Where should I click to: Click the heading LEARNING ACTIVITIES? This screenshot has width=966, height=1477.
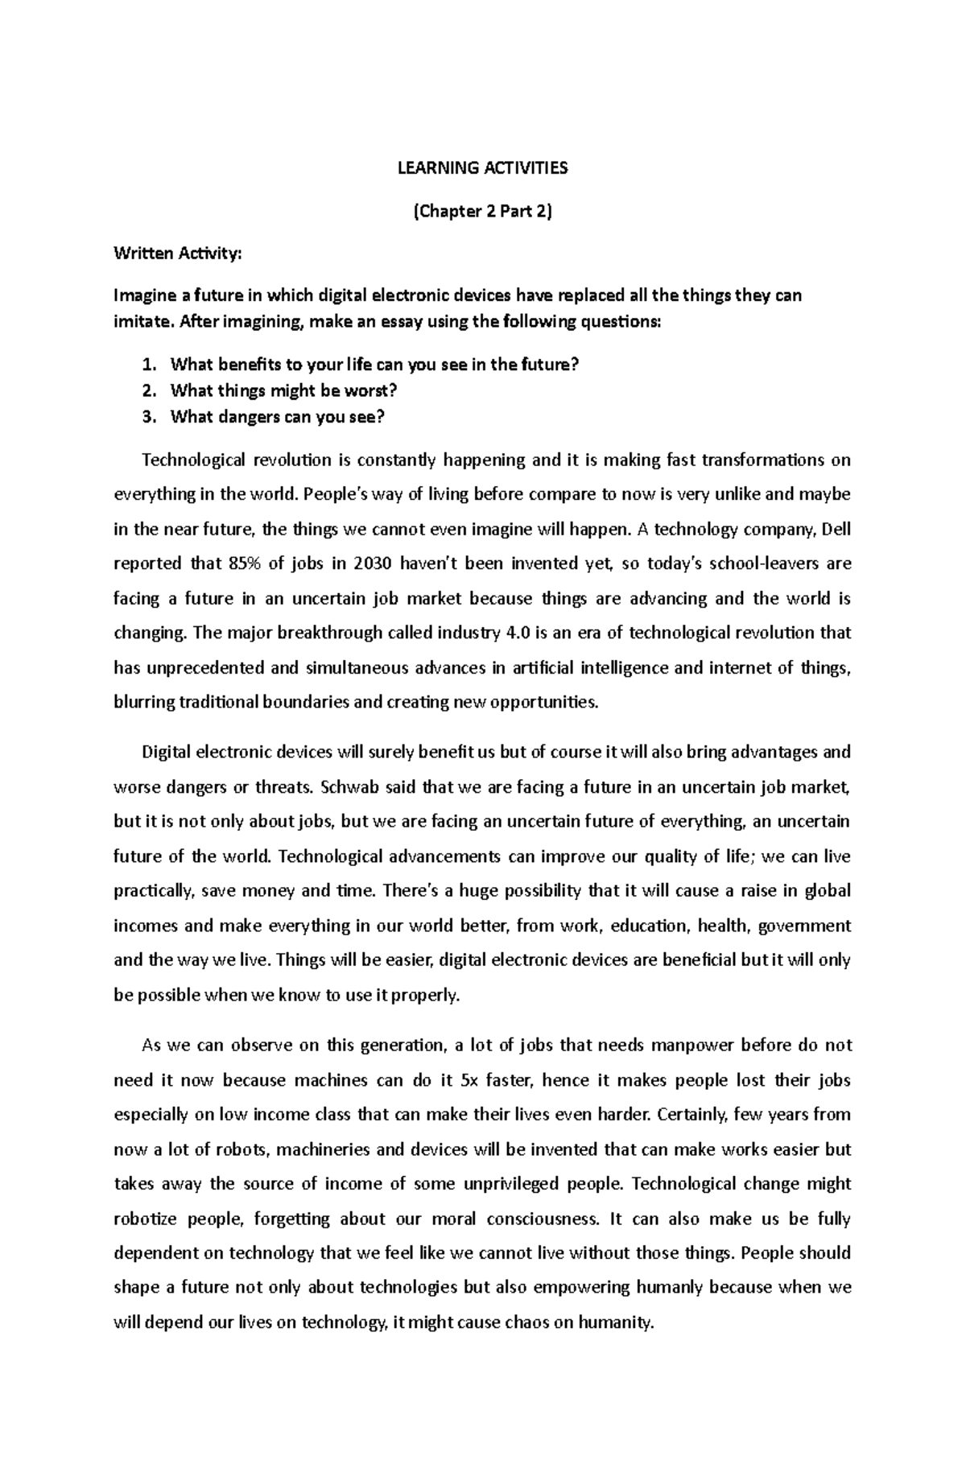(x=482, y=168)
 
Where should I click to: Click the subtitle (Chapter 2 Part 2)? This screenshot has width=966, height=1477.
(x=482, y=212)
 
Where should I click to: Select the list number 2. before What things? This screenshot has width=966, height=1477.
(x=147, y=391)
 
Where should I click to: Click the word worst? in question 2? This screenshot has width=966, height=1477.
(x=371, y=391)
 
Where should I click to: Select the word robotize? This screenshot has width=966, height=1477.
(x=147, y=1219)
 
